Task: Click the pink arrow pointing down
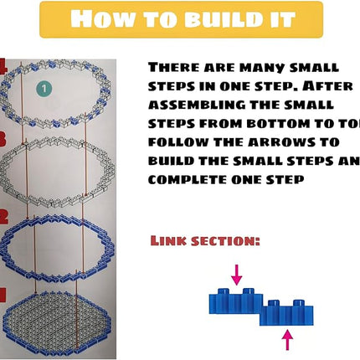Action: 237,273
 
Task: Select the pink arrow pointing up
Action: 287,339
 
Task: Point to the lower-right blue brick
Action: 289,315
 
